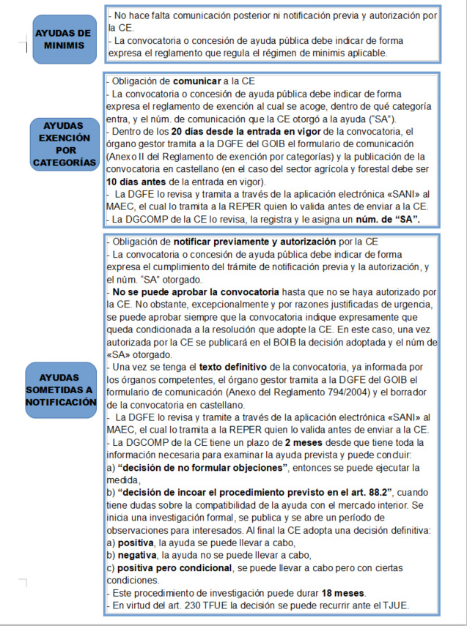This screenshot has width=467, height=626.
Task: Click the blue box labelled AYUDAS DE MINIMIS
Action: [65, 39]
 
